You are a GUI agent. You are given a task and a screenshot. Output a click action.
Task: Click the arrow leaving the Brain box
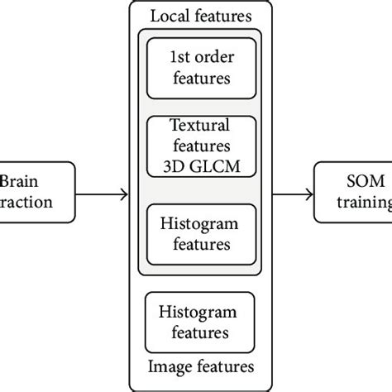[103, 194]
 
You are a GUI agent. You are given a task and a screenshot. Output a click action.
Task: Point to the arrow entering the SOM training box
[293, 194]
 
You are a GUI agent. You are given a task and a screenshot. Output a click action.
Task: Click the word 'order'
[212, 60]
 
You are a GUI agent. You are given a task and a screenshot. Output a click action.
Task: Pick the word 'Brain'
[18, 183]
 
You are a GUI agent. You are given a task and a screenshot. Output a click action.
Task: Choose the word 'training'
[364, 203]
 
